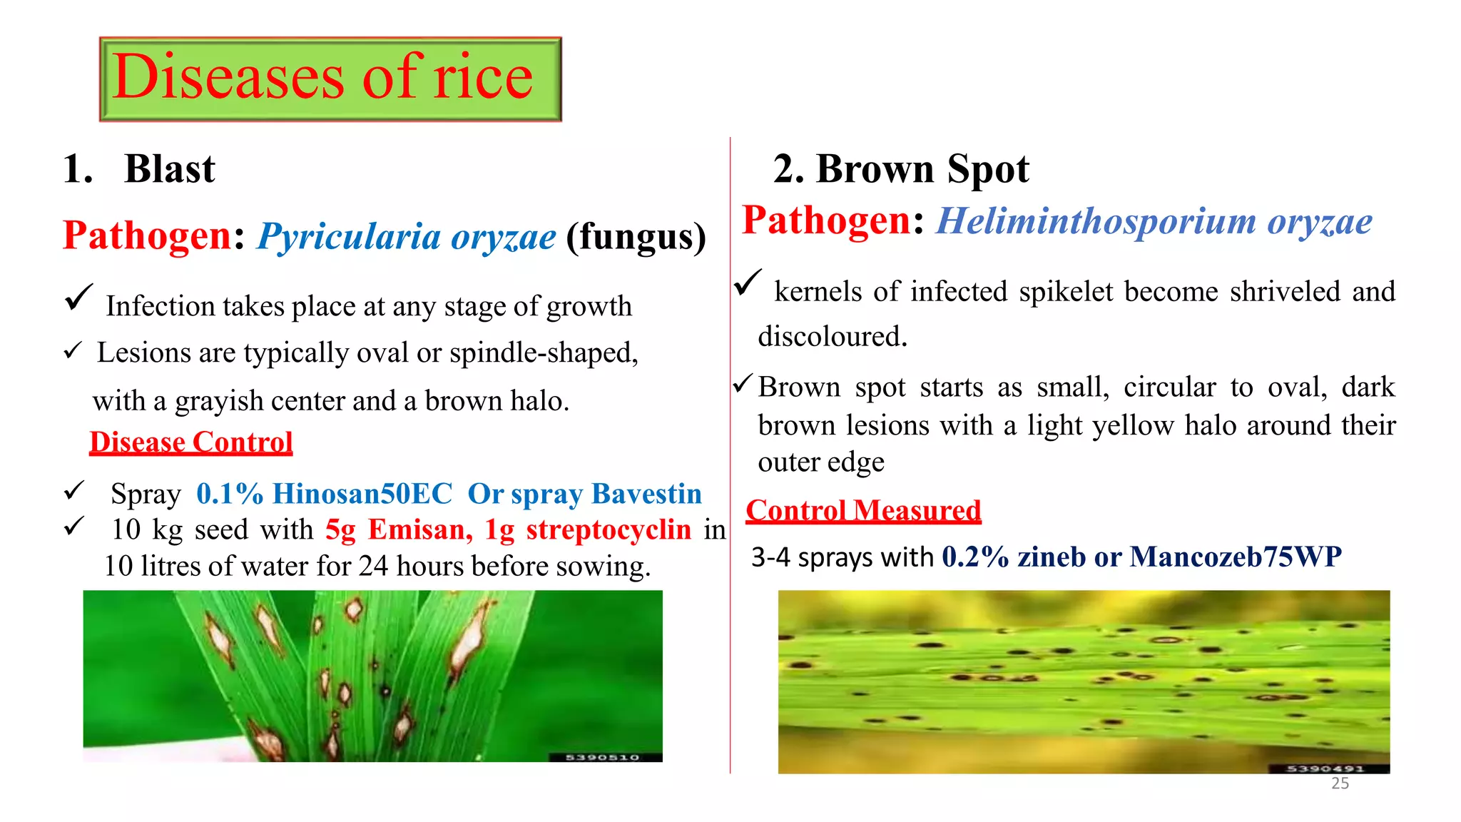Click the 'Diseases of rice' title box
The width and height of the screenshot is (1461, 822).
[x=330, y=79]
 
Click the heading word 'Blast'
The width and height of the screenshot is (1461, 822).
[x=169, y=170]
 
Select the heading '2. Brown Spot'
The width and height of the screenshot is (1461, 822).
[x=901, y=170]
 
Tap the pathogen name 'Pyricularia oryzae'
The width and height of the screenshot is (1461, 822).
[x=406, y=237]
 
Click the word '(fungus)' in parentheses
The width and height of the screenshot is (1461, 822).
[x=636, y=237]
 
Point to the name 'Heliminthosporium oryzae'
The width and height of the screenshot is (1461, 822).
[x=1154, y=221]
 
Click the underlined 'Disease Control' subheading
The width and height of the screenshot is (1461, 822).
[x=191, y=442]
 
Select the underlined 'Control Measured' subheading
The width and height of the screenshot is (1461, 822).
[x=863, y=511]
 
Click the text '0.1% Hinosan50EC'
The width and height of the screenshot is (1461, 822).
[x=325, y=494]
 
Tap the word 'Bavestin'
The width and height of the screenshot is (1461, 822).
[x=646, y=494]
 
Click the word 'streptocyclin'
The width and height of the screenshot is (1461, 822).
[x=609, y=530]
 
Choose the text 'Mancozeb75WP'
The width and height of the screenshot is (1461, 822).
[x=1236, y=557]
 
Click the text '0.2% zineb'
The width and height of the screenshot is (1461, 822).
[x=1013, y=557]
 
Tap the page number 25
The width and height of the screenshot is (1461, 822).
[x=1340, y=783]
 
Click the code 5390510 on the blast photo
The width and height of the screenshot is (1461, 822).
[x=602, y=757]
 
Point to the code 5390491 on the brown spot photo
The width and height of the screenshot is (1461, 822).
[x=1325, y=768]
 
